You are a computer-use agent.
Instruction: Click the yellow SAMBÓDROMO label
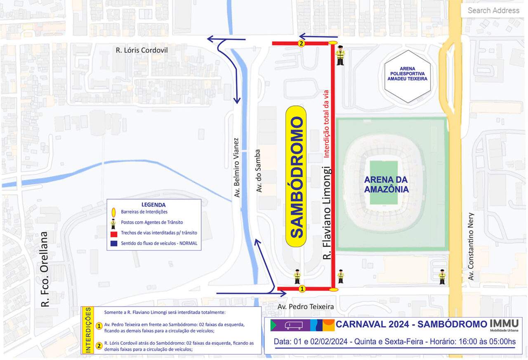click(296, 177)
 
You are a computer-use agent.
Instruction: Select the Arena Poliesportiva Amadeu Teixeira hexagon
click(407, 76)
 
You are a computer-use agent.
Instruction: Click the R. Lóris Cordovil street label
click(141, 50)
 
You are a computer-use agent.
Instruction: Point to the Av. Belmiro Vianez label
click(237, 167)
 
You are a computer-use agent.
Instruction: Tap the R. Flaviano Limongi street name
click(327, 213)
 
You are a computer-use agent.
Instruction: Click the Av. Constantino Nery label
click(471, 246)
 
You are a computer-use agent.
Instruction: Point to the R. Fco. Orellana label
click(44, 269)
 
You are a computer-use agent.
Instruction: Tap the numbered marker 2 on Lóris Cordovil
click(301, 43)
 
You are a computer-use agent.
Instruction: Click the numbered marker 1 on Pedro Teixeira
click(302, 289)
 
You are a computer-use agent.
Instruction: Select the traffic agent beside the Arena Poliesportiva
click(340, 55)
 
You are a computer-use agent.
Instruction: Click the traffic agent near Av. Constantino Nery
click(442, 277)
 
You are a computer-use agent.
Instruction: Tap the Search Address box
click(493, 10)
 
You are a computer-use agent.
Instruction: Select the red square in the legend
click(114, 234)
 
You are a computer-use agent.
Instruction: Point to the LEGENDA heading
click(153, 205)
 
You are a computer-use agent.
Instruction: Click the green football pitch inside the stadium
click(384, 182)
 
